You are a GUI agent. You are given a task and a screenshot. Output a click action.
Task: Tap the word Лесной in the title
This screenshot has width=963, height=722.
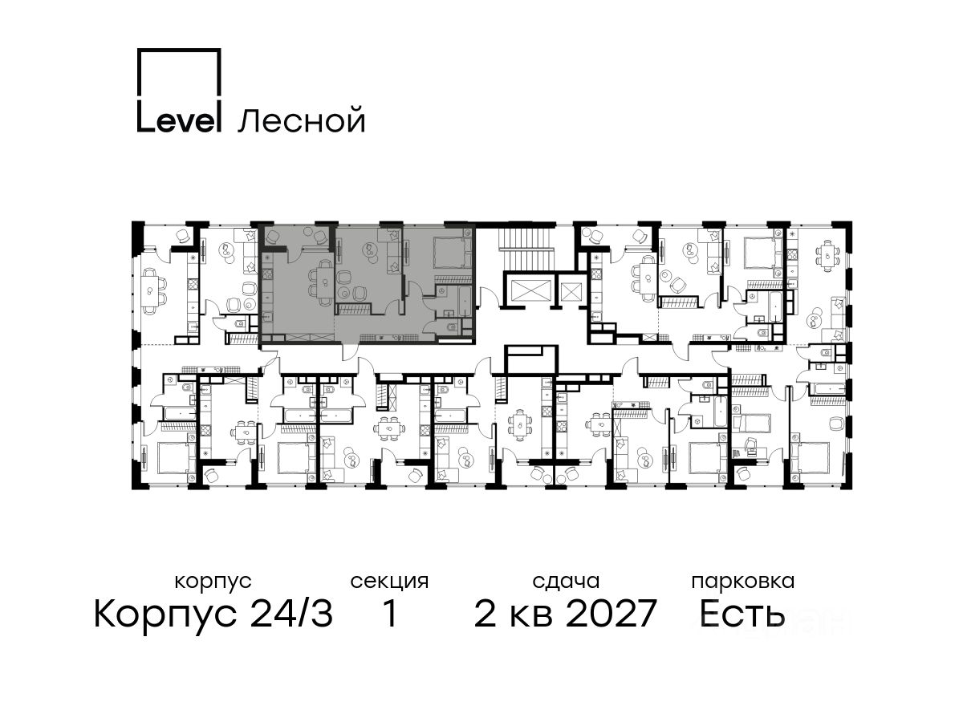click(x=302, y=120)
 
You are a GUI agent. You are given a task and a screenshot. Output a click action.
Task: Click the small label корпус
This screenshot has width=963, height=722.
click(x=213, y=582)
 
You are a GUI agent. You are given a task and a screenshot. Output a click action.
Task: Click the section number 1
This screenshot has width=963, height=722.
click(x=390, y=614)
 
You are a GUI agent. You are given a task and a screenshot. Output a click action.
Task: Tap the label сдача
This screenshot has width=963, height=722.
click(x=566, y=582)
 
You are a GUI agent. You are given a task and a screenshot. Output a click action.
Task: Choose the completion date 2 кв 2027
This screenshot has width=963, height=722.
click(x=565, y=614)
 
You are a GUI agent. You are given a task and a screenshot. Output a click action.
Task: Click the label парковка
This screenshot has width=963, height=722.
click(x=743, y=582)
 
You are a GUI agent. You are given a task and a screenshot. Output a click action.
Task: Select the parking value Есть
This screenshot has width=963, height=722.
click(x=742, y=614)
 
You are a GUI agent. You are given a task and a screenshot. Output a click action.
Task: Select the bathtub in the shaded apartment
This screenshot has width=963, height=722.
click(x=465, y=302)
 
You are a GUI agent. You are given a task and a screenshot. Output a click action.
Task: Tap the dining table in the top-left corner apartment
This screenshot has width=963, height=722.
click(x=151, y=290)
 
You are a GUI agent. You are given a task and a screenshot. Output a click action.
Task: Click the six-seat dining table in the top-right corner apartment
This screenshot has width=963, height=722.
click(x=827, y=256)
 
